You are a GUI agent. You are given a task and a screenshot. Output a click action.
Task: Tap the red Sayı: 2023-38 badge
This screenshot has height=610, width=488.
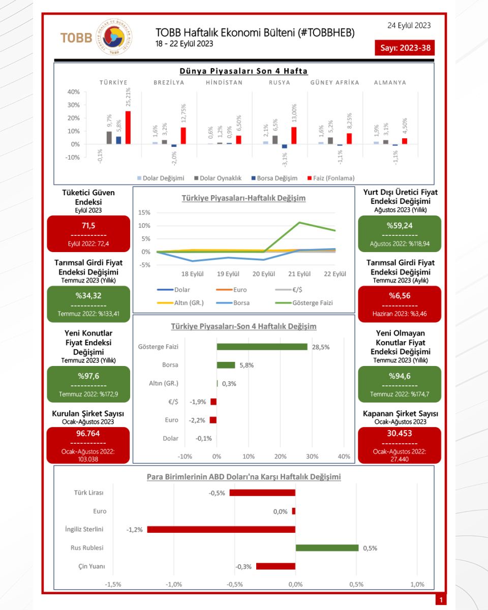(x=405, y=48)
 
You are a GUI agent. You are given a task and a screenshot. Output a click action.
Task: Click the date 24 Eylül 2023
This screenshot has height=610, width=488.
(x=409, y=25)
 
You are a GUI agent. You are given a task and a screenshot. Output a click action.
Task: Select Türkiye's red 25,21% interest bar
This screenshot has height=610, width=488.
(x=128, y=128)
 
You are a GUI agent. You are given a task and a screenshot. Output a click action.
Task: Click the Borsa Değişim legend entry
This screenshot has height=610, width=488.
(x=274, y=178)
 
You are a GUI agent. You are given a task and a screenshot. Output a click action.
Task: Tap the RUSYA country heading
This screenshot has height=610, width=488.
(x=280, y=82)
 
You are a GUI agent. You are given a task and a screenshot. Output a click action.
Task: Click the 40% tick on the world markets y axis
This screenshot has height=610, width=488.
(x=73, y=92)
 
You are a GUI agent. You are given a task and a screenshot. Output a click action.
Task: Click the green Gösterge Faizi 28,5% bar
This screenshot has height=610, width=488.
(x=262, y=347)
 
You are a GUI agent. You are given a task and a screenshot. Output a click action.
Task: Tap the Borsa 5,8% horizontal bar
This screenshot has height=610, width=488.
(x=226, y=365)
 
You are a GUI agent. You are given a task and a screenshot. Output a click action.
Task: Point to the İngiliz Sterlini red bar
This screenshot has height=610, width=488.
(x=221, y=529)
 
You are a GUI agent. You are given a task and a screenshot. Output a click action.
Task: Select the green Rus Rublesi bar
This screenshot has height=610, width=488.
(x=327, y=548)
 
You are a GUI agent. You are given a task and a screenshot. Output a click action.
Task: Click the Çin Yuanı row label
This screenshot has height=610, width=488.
(x=89, y=566)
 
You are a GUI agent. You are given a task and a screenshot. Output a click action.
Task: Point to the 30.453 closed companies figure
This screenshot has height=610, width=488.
(x=399, y=434)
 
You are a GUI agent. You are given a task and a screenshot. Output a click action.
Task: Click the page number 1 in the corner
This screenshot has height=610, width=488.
(x=441, y=600)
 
